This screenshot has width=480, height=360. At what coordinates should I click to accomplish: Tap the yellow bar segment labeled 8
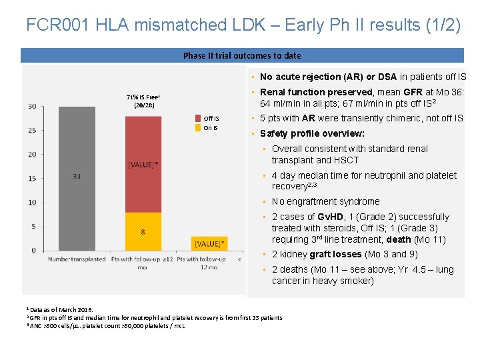(143, 231)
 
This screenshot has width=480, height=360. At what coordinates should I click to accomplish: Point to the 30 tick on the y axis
(32, 107)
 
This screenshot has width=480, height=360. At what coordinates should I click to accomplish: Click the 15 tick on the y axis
(32, 179)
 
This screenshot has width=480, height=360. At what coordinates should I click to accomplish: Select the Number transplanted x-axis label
(77, 259)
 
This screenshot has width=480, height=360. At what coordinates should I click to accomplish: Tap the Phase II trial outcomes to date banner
(242, 56)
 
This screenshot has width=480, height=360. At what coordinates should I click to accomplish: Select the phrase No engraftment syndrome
(325, 201)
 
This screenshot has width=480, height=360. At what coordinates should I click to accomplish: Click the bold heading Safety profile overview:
(312, 133)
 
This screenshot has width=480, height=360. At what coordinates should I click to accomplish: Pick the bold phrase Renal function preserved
(317, 92)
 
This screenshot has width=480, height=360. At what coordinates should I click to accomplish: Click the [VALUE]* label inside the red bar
(143, 164)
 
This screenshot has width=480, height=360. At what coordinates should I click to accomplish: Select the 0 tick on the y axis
(34, 251)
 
